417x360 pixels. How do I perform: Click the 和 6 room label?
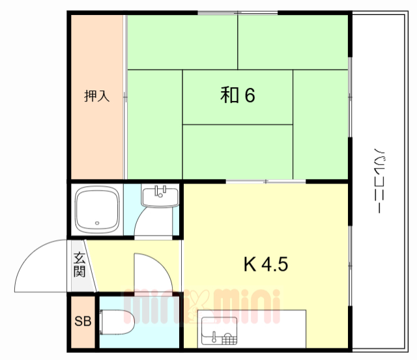coord(237,96)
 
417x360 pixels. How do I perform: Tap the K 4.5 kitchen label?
coord(265,265)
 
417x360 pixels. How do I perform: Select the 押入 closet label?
coord(96,96)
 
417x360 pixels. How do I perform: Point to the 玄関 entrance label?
coord(79,264)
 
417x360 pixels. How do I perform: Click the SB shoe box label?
coord(82,321)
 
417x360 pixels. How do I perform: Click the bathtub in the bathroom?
coord(96,210)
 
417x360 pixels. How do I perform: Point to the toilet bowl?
coord(119,321)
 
